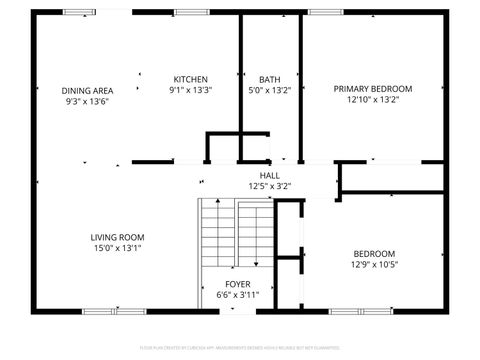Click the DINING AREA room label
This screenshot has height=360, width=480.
pyautogui.click(x=86, y=89)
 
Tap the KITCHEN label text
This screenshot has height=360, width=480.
pyautogui.click(x=190, y=79)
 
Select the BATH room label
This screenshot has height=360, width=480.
pyautogui.click(x=269, y=79)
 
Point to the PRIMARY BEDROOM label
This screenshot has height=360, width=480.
pyautogui.click(x=372, y=89)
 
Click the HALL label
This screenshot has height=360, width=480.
pyautogui.click(x=269, y=175)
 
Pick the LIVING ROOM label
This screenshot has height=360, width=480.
pyautogui.click(x=118, y=237)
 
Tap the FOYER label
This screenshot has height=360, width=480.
pyautogui.click(x=238, y=283)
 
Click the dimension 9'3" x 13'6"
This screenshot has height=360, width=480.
pyautogui.click(x=86, y=100)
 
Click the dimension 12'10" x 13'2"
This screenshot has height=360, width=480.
pyautogui.click(x=372, y=100)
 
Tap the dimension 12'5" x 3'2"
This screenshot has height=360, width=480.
pyautogui.click(x=269, y=185)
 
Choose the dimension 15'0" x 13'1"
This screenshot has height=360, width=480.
pyautogui.click(x=118, y=248)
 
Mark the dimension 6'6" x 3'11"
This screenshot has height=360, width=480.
pyautogui.click(x=238, y=294)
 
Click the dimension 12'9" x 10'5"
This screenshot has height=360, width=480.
pyautogui.click(x=374, y=265)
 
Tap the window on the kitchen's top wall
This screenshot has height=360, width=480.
pyautogui.click(x=186, y=12)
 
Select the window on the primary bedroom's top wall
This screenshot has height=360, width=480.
pyautogui.click(x=321, y=12)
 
